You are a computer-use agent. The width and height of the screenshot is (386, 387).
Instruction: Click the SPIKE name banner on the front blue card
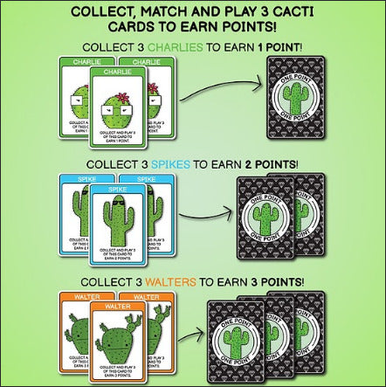120,189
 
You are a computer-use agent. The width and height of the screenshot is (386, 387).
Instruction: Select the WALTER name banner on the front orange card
120,307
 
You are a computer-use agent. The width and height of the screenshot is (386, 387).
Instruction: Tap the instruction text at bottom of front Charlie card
121,131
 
